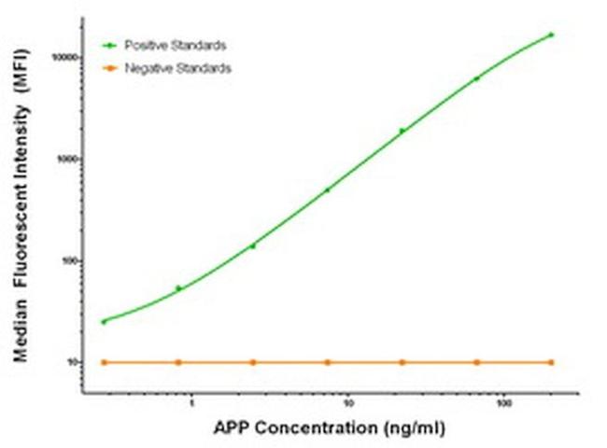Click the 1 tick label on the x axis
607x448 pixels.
coord(191,404)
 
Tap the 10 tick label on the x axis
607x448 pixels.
coord(347,404)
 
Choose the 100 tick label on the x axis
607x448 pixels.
coord(504,404)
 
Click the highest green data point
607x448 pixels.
coord(551,35)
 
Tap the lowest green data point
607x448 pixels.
coord(104,321)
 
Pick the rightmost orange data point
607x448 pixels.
coord(551,362)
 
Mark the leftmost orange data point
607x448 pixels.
coord(104,362)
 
